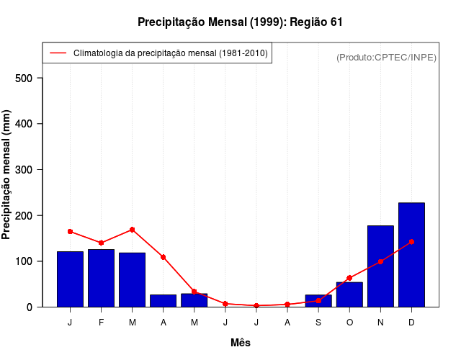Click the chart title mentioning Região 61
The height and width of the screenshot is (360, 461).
[x=240, y=22]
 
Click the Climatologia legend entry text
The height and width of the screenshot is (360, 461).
[x=171, y=53]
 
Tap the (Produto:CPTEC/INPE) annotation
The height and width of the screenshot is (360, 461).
[x=386, y=57]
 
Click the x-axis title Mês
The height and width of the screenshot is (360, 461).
[x=241, y=343]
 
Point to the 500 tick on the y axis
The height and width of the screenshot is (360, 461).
[x=28, y=78]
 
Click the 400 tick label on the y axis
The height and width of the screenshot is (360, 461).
[x=28, y=124]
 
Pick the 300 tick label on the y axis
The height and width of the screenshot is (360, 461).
[x=28, y=170]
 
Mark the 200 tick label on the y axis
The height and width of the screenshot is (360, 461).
[x=28, y=215]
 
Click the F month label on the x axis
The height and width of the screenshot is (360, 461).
[x=102, y=322]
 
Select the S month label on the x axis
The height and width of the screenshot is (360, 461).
[x=318, y=322]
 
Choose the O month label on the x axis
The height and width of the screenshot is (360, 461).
[x=349, y=322]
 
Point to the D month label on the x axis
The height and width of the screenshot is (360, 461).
[x=411, y=322]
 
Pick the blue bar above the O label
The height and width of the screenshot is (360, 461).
[x=349, y=295]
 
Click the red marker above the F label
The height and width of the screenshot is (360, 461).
[x=102, y=243]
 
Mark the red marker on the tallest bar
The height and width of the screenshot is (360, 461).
[x=411, y=242]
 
